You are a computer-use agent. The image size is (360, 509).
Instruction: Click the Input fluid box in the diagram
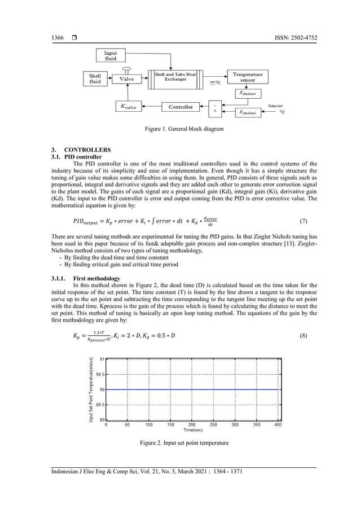click(x=111, y=55)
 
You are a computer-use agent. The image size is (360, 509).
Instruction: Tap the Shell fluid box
click(x=95, y=78)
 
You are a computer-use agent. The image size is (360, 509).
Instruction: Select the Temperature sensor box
click(x=247, y=77)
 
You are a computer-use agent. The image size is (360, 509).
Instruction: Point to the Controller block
click(x=181, y=107)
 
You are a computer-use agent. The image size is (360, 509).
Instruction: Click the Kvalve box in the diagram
click(x=129, y=107)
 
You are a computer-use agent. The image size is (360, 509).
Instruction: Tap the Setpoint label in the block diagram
click(x=275, y=106)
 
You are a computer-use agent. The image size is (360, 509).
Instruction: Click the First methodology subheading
click(x=96, y=278)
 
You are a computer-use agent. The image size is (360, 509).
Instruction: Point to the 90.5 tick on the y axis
click(x=99, y=374)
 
